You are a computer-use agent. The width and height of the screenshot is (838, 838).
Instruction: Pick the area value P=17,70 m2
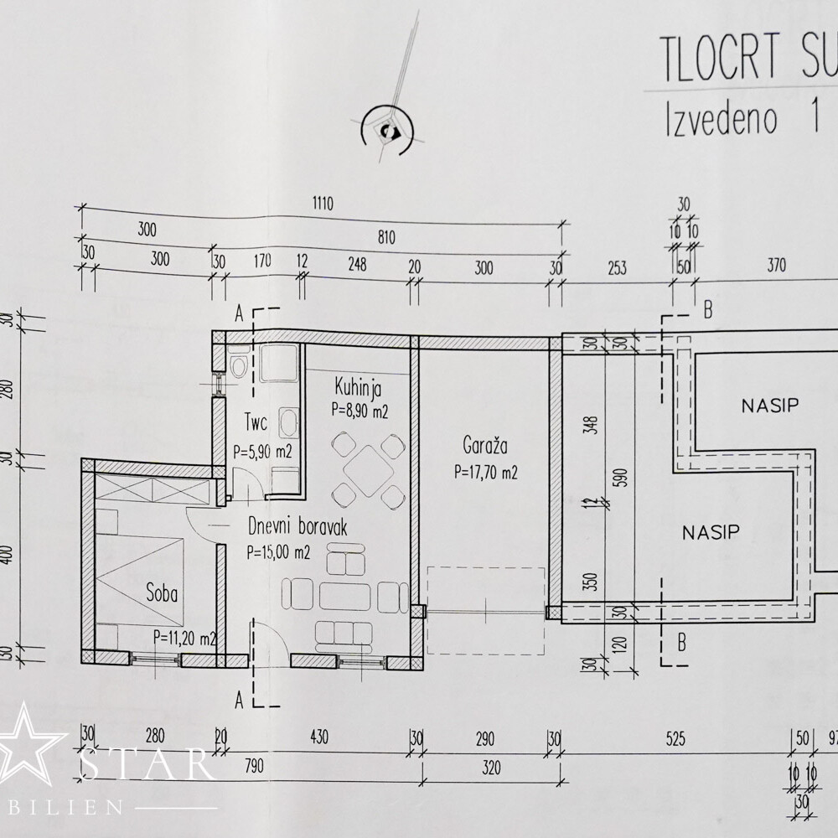click(486, 473)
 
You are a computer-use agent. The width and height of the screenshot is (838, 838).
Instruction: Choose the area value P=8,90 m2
click(360, 411)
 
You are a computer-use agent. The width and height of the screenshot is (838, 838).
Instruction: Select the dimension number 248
click(357, 261)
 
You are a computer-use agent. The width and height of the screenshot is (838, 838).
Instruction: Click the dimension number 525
click(675, 739)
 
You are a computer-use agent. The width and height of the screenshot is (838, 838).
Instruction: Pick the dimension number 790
click(251, 763)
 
